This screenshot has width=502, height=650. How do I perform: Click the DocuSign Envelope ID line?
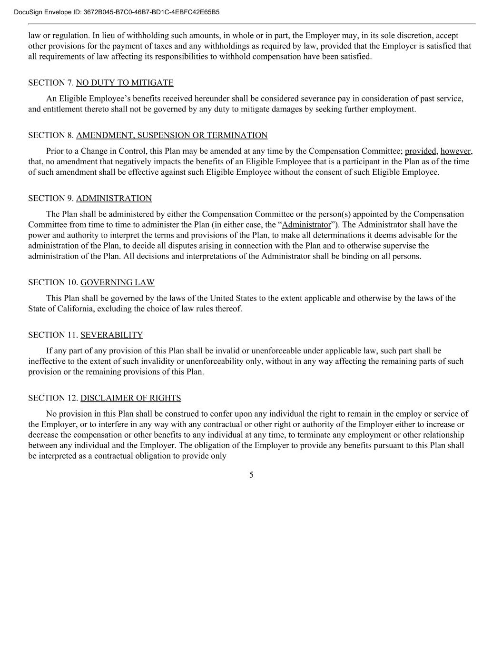(x=117, y=12)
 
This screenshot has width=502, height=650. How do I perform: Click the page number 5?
(x=251, y=475)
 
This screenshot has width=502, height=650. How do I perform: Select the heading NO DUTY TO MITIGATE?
(x=125, y=83)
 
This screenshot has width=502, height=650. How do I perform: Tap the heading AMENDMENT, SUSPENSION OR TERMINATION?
(x=172, y=135)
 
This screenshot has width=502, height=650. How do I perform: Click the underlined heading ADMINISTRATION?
(x=114, y=198)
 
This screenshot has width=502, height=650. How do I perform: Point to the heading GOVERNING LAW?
(x=118, y=282)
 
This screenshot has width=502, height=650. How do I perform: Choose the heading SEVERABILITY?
(x=112, y=335)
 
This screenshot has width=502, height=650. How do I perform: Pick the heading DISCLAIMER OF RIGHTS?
(x=131, y=398)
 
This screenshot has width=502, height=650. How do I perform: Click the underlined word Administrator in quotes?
(x=306, y=225)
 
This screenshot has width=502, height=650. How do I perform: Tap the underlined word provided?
(x=421, y=151)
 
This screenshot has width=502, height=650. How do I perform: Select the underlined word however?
(x=456, y=151)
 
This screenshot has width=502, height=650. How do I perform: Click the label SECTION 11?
(x=53, y=335)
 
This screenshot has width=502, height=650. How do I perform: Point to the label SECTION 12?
(x=53, y=398)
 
